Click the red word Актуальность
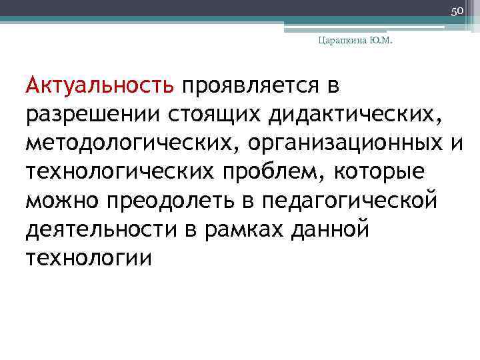pyautogui.click(x=100, y=86)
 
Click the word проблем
pyautogui.click(x=271, y=171)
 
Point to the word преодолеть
pyautogui.click(x=175, y=200)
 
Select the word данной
pyautogui.click(x=331, y=229)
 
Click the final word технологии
pyautogui.click(x=89, y=257)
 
